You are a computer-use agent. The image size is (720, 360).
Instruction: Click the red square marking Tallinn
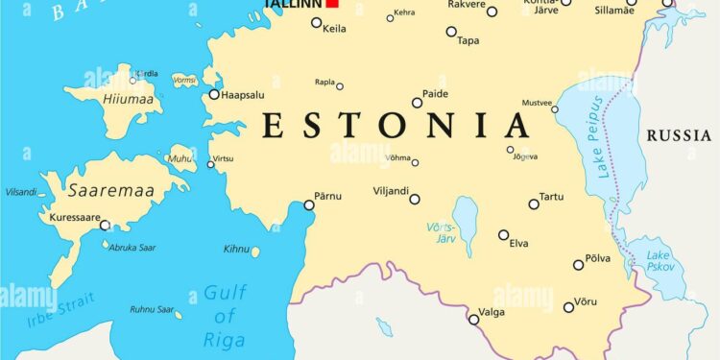tap(332, 3)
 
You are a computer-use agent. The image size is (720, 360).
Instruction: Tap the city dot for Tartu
tap(534, 204)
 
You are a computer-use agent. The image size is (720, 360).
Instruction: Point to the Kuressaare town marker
tap(105, 226)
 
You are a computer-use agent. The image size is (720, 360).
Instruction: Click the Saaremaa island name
tap(110, 191)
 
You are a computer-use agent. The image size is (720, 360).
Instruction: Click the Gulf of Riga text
tap(224, 317)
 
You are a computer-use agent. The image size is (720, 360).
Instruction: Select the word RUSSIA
tap(679, 136)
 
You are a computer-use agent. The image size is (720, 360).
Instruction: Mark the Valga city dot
tap(472, 319)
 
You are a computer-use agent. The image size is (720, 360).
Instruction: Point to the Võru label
tap(586, 303)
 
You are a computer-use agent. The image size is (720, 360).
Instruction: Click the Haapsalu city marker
tap(214, 94)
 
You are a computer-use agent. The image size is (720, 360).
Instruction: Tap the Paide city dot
tap(417, 103)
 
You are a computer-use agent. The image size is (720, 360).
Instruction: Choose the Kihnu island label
tap(235, 250)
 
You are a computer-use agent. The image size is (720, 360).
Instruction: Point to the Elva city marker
tap(503, 234)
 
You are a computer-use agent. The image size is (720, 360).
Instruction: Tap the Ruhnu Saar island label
tap(153, 310)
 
